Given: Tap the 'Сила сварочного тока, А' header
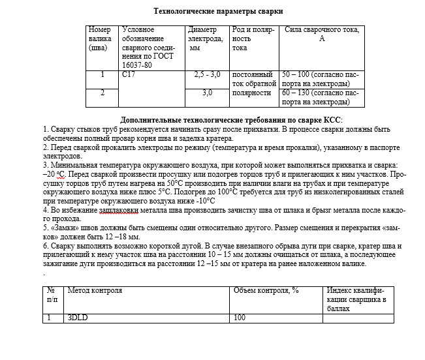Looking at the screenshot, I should point(321,35).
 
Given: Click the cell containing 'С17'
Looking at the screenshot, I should point(129,75).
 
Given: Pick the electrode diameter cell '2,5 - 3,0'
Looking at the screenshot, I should point(208,75).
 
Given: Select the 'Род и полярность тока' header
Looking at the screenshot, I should point(254,39).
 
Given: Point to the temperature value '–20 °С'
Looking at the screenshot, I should point(54,175).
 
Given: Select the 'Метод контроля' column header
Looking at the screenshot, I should point(95,290).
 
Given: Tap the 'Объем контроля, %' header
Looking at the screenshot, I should point(266,290).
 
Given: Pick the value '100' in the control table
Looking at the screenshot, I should point(240,318).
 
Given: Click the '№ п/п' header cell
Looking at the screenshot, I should point(52,295).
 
